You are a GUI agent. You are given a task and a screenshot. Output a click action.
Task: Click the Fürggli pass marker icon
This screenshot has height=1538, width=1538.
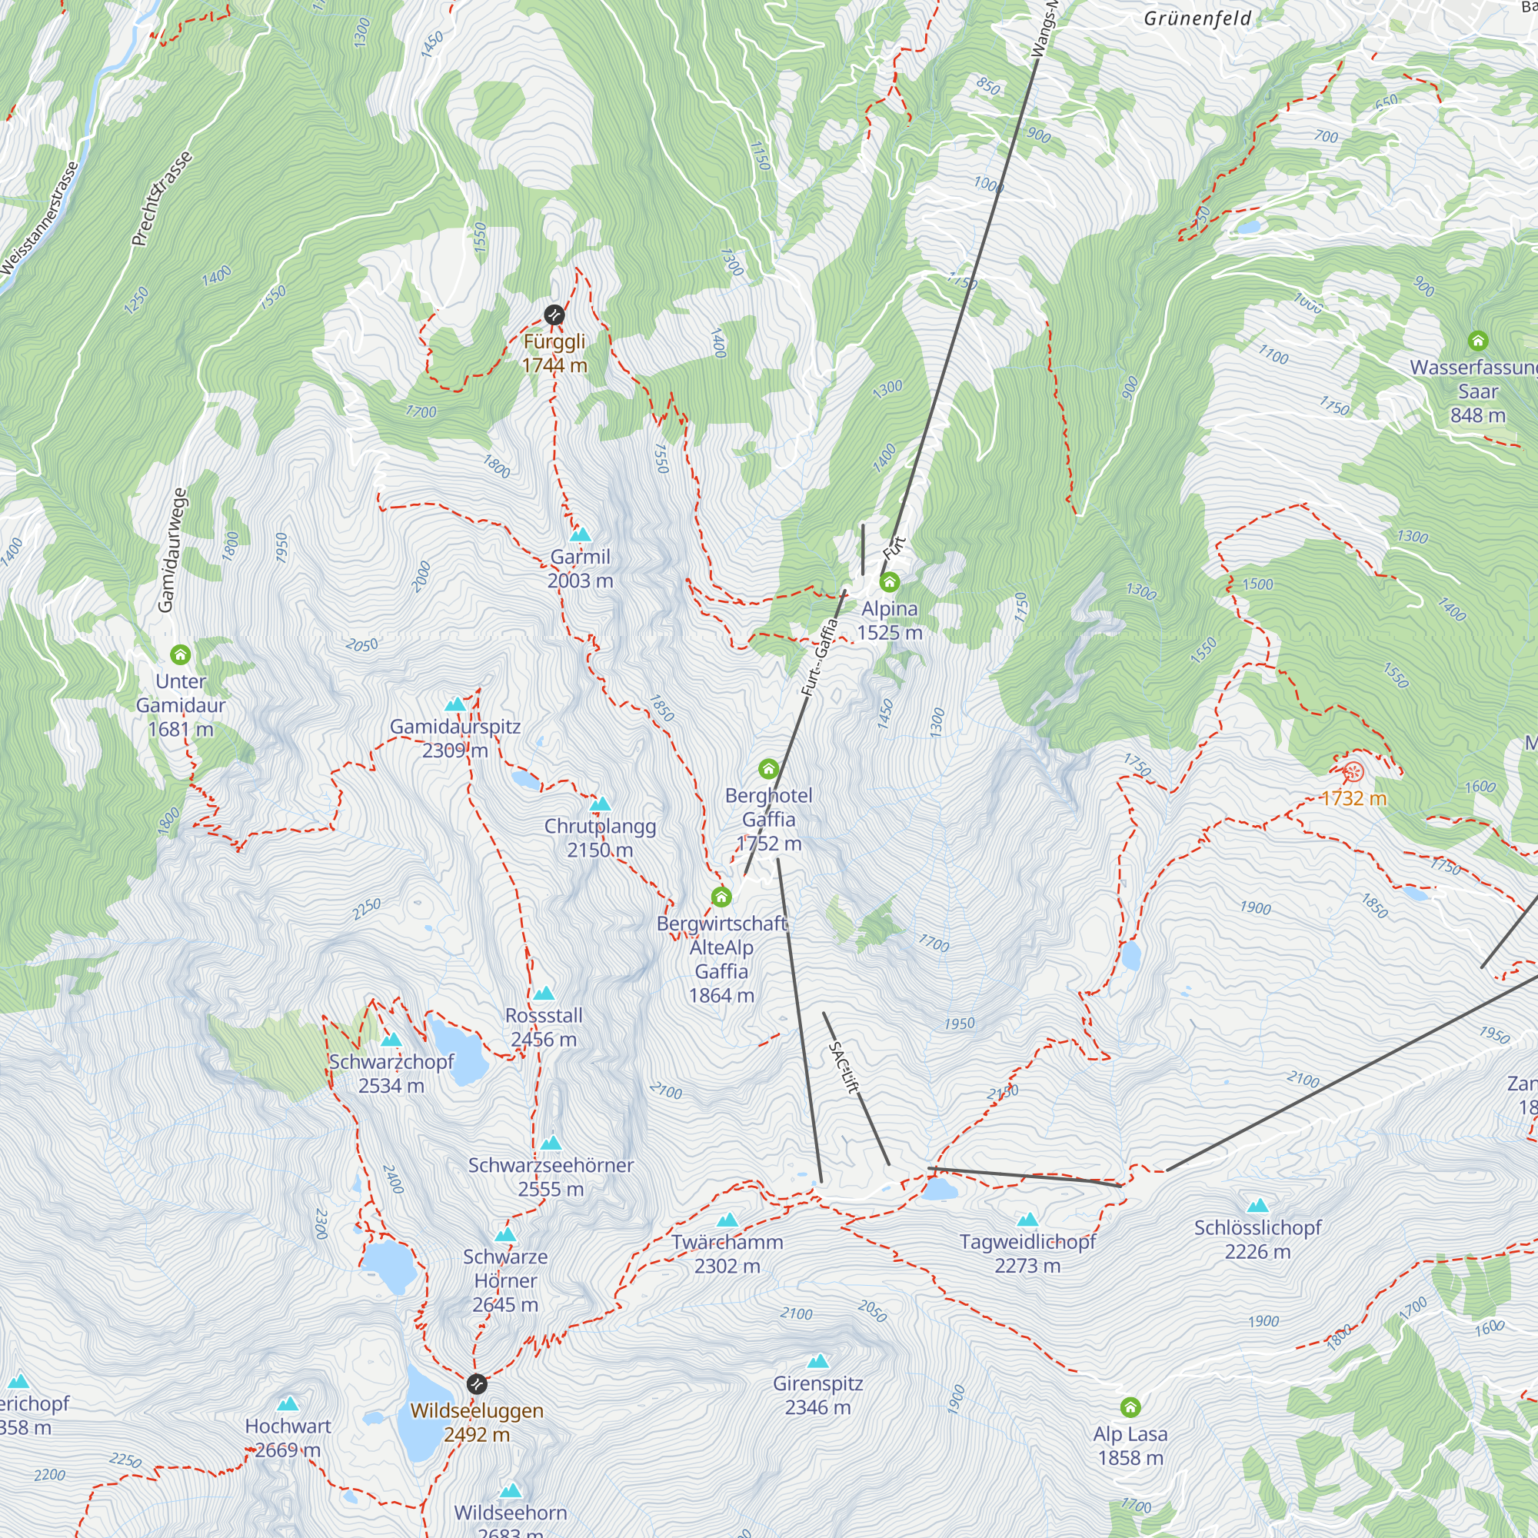pos(554,315)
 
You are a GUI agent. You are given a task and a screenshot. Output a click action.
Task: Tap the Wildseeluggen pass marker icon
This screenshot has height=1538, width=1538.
pos(476,1384)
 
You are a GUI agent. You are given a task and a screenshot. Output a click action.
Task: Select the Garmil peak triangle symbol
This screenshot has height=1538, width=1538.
pos(581,534)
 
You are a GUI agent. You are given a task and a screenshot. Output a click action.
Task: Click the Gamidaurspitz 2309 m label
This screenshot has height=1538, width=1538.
pos(455,738)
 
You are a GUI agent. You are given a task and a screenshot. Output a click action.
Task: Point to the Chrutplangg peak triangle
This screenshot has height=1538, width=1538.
pos(601,804)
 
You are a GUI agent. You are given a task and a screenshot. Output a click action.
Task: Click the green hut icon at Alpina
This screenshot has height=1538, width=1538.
pos(889,582)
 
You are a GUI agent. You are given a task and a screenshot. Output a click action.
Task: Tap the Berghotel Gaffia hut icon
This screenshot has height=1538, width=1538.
pos(768,769)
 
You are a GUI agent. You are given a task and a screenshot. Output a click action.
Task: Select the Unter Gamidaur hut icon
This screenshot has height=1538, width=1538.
pos(181,655)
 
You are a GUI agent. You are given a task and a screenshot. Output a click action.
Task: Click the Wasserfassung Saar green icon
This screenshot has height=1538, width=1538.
pos(1477,341)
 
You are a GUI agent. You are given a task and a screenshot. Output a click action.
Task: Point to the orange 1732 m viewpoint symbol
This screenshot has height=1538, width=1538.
pos(1353,771)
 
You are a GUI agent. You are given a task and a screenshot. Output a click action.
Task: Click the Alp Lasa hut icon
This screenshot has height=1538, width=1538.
pos(1130,1407)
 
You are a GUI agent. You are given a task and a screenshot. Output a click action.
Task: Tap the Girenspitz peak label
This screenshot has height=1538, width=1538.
pos(817,1395)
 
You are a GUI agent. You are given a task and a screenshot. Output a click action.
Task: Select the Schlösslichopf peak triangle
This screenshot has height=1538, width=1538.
pos(1257,1205)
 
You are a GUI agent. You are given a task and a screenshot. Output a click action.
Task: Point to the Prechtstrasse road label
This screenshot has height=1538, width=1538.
pos(161,198)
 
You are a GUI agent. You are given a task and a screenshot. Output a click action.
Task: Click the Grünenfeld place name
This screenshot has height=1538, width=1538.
pos(1197,18)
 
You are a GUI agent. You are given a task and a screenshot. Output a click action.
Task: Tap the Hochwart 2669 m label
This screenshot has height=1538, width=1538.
pos(288,1438)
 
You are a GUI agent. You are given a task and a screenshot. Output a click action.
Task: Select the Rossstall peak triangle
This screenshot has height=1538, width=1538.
pos(544,993)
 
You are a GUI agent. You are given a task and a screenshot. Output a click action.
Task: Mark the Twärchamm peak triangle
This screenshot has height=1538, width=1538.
pos(727,1220)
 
